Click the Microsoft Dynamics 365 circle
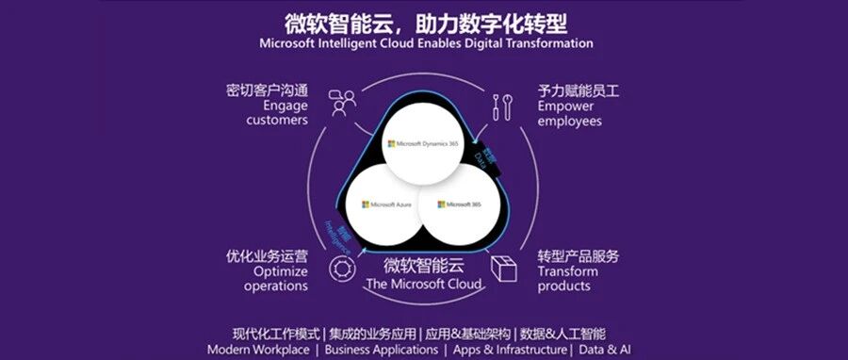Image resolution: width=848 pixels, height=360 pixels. (x=423, y=143)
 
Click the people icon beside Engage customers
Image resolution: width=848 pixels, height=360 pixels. (x=341, y=103)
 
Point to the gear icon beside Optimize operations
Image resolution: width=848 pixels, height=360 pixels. (x=340, y=270)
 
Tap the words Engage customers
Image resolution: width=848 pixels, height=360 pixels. (x=278, y=113)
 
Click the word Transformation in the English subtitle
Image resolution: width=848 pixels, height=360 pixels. (x=548, y=43)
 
